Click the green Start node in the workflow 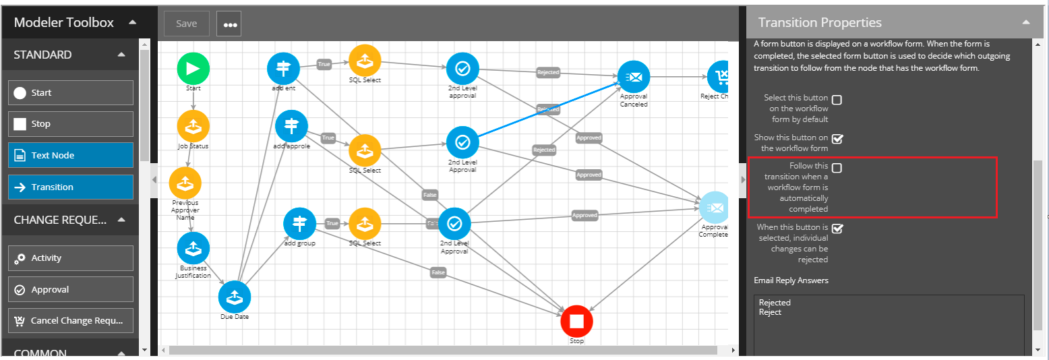pos(193,68)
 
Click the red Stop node pos(576,321)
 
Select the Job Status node pos(193,126)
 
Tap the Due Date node pos(235,297)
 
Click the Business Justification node pos(193,248)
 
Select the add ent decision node pos(284,68)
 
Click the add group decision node pos(299,224)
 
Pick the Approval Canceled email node pos(634,77)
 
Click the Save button pos(187,24)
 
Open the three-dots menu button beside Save pos(229,24)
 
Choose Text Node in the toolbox pos(71,156)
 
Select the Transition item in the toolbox pos(71,187)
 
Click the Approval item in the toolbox pos(71,290)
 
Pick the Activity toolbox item pos(71,258)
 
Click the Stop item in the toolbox pos(71,124)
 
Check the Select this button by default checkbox pos(837,100)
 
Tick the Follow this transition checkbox pos(837,168)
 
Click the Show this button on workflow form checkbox pos(837,139)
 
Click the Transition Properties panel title pos(820,23)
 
